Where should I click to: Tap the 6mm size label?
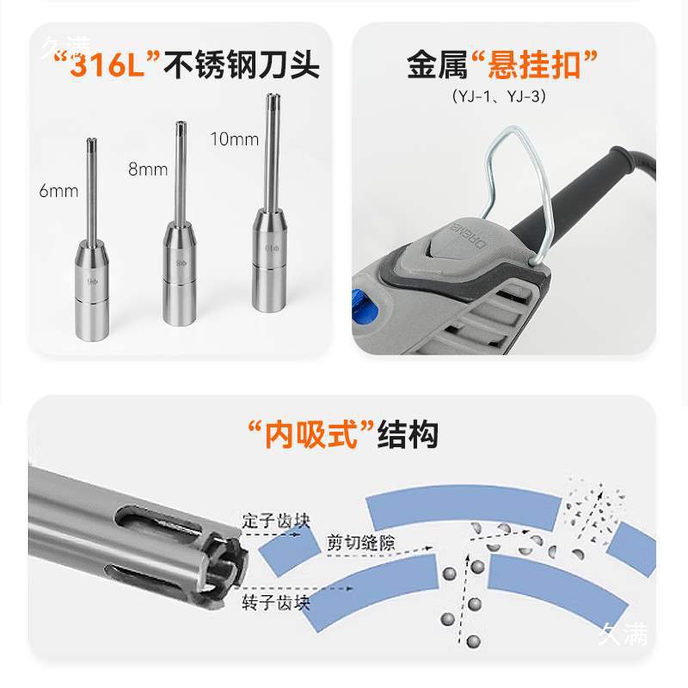coord(58,191)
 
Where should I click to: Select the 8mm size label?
coord(148,169)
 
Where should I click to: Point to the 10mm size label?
coord(235,138)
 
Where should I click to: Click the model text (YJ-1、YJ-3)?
coord(499,96)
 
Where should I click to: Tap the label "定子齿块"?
coord(274,521)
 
